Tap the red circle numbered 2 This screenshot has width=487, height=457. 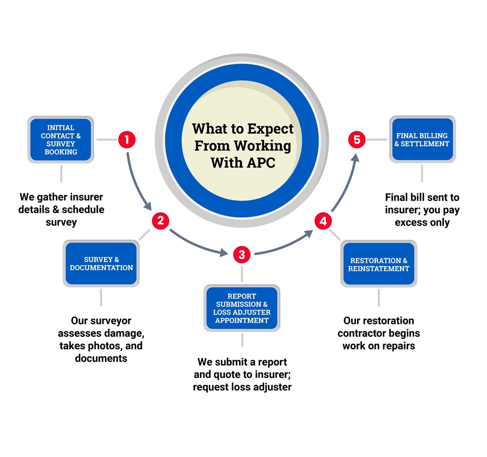160,220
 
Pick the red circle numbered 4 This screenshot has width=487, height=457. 323,222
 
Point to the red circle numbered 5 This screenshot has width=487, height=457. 356,139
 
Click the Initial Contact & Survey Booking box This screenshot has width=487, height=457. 61,139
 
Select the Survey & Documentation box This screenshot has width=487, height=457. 101,263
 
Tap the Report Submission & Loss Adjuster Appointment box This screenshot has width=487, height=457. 241,308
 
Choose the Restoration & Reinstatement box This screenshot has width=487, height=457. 379,264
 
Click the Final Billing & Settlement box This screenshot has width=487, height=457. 422,139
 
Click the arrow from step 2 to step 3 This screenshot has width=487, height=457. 197,243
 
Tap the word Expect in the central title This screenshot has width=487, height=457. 269,128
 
